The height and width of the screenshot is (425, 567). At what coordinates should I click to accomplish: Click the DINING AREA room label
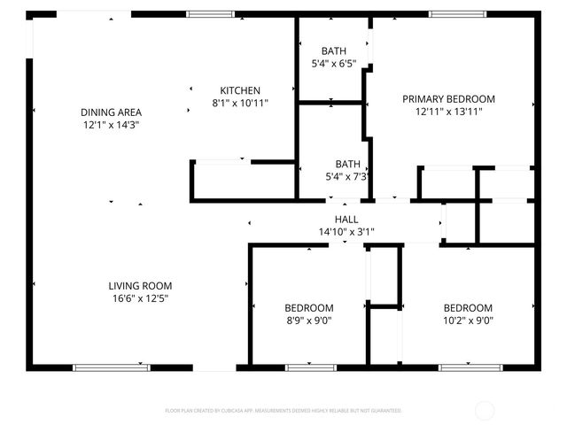[x=111, y=112]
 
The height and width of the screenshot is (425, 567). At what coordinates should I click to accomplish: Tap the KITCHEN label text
[x=240, y=90]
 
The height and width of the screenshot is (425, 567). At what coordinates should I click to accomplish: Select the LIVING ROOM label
[x=140, y=286]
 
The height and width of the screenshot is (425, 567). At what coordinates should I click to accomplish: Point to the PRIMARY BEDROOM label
[x=448, y=99]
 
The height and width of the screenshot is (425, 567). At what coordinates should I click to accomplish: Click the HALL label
[x=346, y=220]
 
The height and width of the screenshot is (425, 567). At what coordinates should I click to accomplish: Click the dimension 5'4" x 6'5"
[x=333, y=64]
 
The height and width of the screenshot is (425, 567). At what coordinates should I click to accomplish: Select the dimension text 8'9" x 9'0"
[x=309, y=321]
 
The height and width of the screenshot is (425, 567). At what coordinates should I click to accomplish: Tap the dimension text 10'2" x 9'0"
[x=468, y=321]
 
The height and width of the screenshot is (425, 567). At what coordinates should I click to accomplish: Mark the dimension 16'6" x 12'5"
[x=140, y=298]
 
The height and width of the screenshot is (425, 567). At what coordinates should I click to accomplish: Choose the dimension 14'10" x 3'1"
[x=346, y=232]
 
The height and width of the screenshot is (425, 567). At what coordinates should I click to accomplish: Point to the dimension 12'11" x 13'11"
[x=448, y=112]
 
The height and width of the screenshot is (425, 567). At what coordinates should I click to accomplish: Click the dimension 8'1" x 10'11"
[x=240, y=103]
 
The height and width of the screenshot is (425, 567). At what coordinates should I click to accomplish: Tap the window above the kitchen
[x=211, y=14]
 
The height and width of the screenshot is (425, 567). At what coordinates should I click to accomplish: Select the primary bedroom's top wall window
[x=457, y=14]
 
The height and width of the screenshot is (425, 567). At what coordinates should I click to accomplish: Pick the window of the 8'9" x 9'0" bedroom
[x=311, y=367]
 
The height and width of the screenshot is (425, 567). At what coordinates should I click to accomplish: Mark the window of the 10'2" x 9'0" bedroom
[x=465, y=367]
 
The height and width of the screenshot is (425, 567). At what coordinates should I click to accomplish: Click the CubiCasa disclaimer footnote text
[x=283, y=411]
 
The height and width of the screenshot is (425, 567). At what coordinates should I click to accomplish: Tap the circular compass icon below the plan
[x=485, y=410]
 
